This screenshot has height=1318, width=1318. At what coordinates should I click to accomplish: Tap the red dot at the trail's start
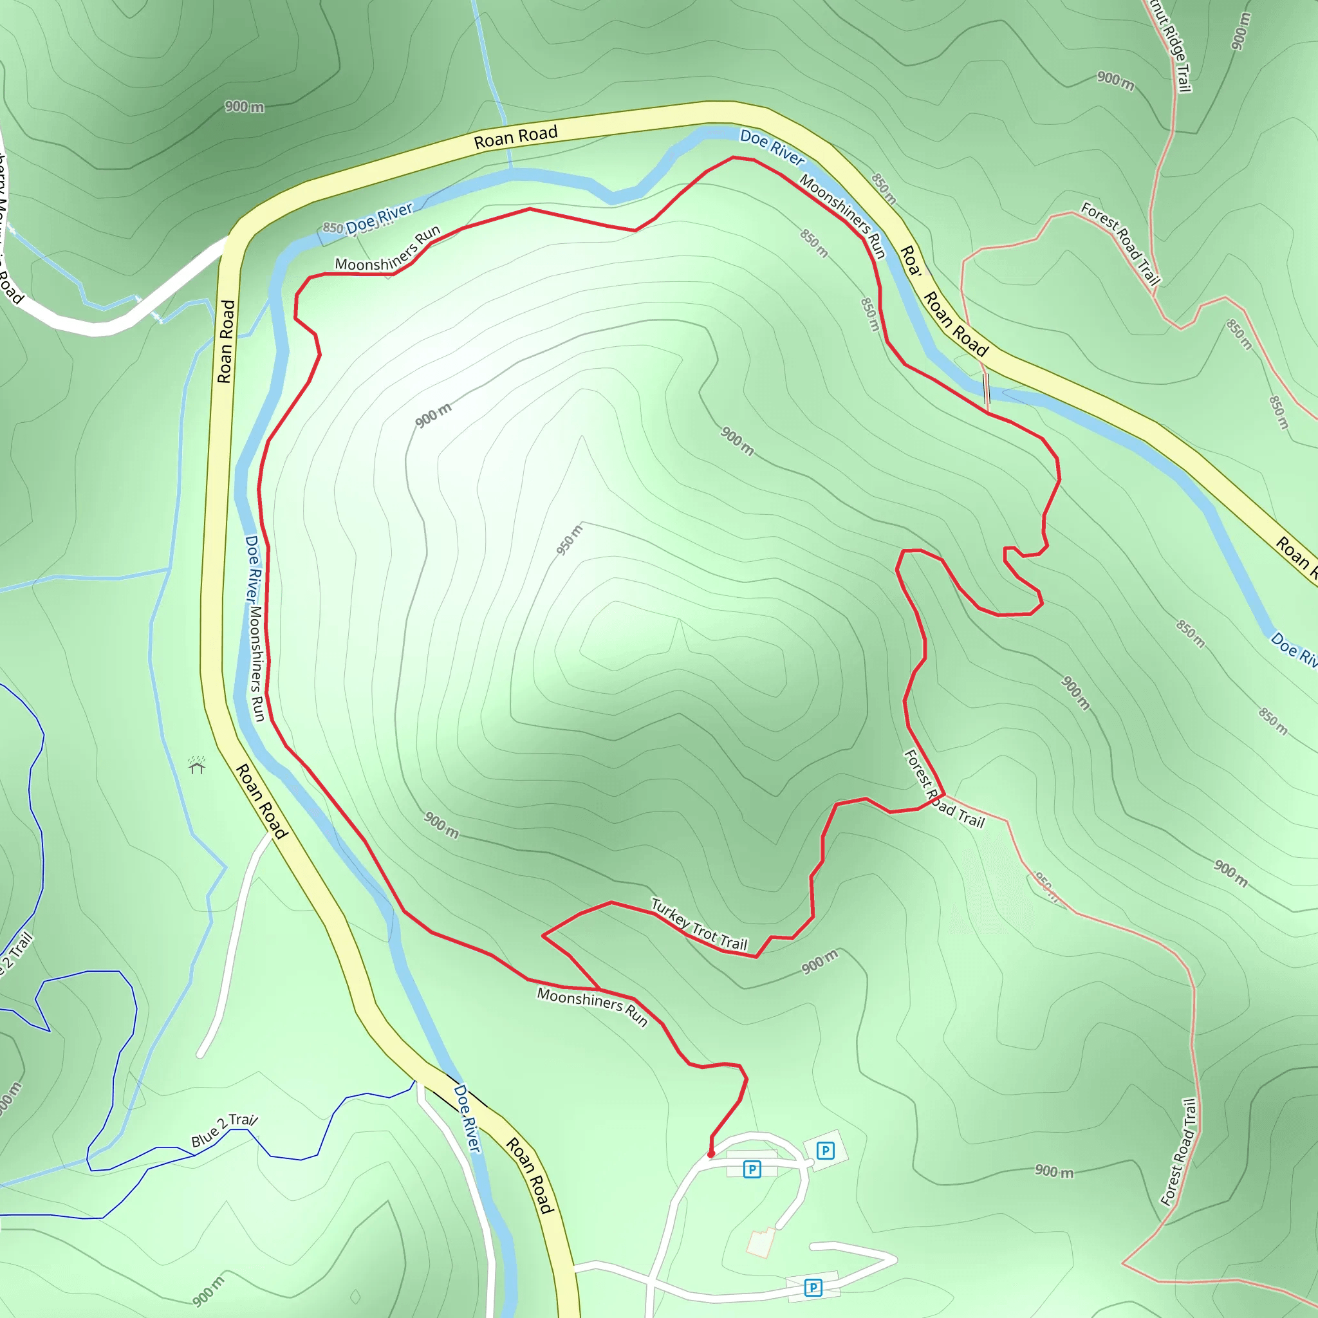(711, 1155)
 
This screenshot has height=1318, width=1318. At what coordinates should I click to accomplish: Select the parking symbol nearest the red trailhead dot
(752, 1169)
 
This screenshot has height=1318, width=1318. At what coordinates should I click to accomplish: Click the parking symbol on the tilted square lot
(826, 1151)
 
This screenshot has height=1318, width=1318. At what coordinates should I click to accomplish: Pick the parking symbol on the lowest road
(813, 1287)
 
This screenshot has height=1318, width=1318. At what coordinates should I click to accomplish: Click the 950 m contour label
(570, 539)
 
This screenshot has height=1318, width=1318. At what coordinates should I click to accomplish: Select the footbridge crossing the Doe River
(986, 391)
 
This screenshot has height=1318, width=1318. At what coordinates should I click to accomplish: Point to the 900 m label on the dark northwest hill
(244, 106)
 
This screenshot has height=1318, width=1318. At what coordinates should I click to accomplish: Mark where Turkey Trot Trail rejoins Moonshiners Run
(599, 988)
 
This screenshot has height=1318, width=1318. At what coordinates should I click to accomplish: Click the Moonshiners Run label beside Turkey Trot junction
(591, 1007)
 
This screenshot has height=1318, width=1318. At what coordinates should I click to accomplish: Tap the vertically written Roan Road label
(226, 341)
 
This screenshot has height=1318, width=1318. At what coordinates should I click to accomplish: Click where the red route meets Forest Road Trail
(944, 795)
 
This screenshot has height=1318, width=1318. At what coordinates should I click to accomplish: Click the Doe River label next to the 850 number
(378, 218)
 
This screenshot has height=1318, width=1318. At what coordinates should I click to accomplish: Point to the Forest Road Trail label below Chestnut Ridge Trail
(1120, 243)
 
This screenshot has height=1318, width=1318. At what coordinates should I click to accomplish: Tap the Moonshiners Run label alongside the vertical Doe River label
(256, 662)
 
